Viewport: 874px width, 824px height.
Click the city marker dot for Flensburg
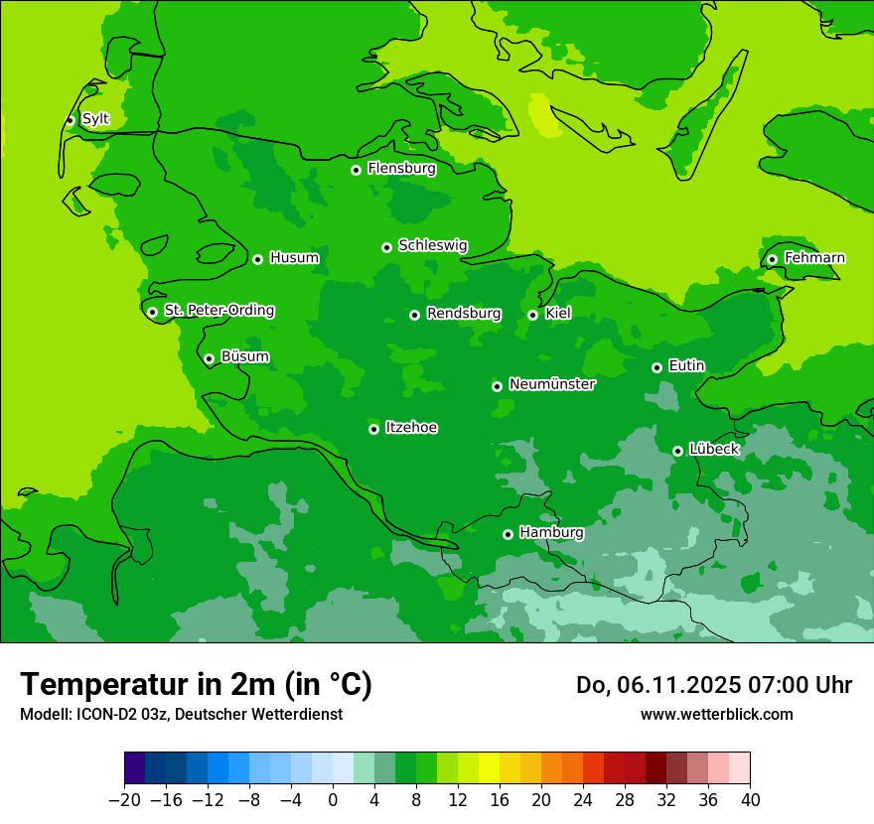point(356,170)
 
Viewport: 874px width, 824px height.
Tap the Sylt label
point(95,119)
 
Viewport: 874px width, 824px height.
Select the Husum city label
point(294,258)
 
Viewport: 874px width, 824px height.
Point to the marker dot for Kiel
point(532,315)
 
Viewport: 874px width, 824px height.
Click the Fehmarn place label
point(814,258)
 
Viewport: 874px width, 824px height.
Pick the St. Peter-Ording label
point(219,311)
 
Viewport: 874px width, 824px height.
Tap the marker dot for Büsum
point(209,358)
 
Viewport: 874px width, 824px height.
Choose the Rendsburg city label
point(464,314)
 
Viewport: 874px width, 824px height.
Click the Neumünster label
point(552,384)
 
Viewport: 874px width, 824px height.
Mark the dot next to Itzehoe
point(373,429)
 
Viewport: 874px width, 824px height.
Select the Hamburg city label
point(551,533)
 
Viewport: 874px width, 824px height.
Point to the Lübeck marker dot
point(677,451)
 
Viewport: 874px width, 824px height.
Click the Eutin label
point(686,366)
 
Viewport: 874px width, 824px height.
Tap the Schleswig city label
point(433,245)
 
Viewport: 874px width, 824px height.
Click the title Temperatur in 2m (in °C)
point(196,684)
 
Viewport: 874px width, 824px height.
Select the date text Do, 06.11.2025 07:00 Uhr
point(713,685)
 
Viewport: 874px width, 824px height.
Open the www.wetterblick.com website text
point(716,714)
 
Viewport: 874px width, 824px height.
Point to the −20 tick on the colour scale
point(124,800)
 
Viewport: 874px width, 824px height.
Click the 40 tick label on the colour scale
point(750,800)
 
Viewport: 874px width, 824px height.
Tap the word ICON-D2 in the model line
point(90,715)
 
